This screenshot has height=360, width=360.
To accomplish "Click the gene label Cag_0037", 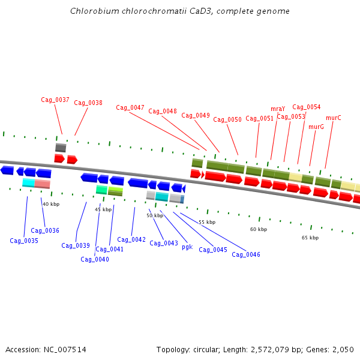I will click(55, 100).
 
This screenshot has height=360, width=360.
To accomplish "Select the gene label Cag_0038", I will click(88, 103).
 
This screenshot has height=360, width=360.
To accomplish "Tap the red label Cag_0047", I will click(130, 108).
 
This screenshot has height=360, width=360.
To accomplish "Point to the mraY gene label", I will click(278, 109).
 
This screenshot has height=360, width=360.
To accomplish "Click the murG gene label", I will click(316, 127).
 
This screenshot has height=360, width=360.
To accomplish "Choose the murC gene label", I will click(334, 118).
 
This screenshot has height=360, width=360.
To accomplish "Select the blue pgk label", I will click(187, 247).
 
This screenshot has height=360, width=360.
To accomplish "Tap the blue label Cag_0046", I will click(246, 254).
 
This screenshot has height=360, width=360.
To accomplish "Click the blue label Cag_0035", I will click(24, 241).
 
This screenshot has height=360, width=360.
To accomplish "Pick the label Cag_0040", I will click(95, 259).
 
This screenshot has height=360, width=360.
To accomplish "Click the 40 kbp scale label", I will click(51, 204).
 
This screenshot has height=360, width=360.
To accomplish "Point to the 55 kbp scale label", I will click(207, 222).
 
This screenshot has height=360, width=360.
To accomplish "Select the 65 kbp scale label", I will click(310, 238).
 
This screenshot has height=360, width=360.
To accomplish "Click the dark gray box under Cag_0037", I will click(61, 148).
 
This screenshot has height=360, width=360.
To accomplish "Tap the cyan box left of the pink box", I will click(28, 182).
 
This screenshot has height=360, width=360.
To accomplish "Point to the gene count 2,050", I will click(342, 349).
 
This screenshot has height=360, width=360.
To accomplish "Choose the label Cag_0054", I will click(307, 107).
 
